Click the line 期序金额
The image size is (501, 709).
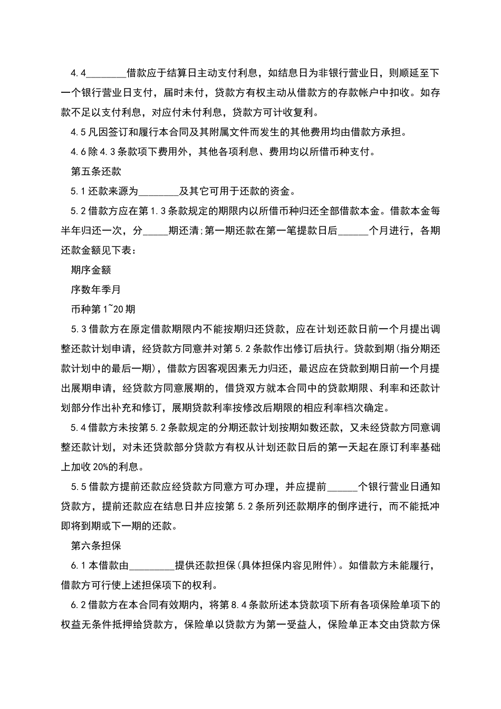coord(91,270)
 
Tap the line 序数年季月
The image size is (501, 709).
coord(96,290)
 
